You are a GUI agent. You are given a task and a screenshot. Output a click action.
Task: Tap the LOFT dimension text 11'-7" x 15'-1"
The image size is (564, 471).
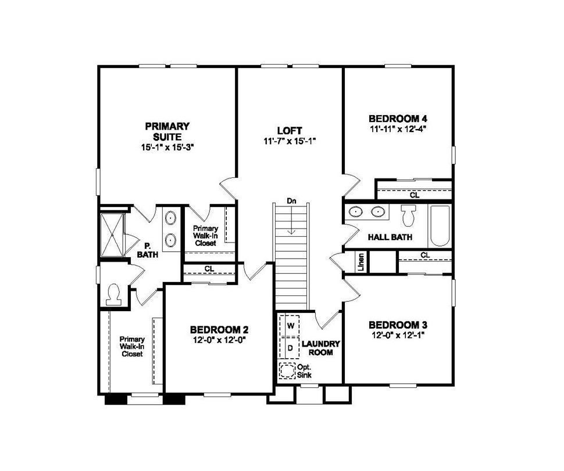click(x=290, y=141)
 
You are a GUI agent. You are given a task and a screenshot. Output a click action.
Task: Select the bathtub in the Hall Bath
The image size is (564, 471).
click(x=439, y=226)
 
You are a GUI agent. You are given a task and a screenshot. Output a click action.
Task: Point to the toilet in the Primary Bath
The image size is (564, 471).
click(x=113, y=293)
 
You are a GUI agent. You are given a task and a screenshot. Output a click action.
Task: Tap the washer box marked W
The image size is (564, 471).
click(x=289, y=323)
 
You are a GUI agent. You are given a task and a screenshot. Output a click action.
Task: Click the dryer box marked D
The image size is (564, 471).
click(x=289, y=346)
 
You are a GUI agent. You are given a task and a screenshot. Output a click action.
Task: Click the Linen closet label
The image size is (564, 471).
click(x=361, y=262)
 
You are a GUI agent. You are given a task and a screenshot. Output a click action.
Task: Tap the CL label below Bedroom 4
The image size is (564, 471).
click(x=415, y=195)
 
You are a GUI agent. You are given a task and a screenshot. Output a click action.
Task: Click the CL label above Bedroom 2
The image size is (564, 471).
click(x=208, y=269)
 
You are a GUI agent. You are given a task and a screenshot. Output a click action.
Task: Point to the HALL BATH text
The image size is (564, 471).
click(x=390, y=237)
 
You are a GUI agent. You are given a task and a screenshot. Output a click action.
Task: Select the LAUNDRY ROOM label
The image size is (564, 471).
click(x=320, y=348)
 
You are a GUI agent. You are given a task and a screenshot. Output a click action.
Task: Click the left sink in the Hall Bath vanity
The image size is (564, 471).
click(x=355, y=212)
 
